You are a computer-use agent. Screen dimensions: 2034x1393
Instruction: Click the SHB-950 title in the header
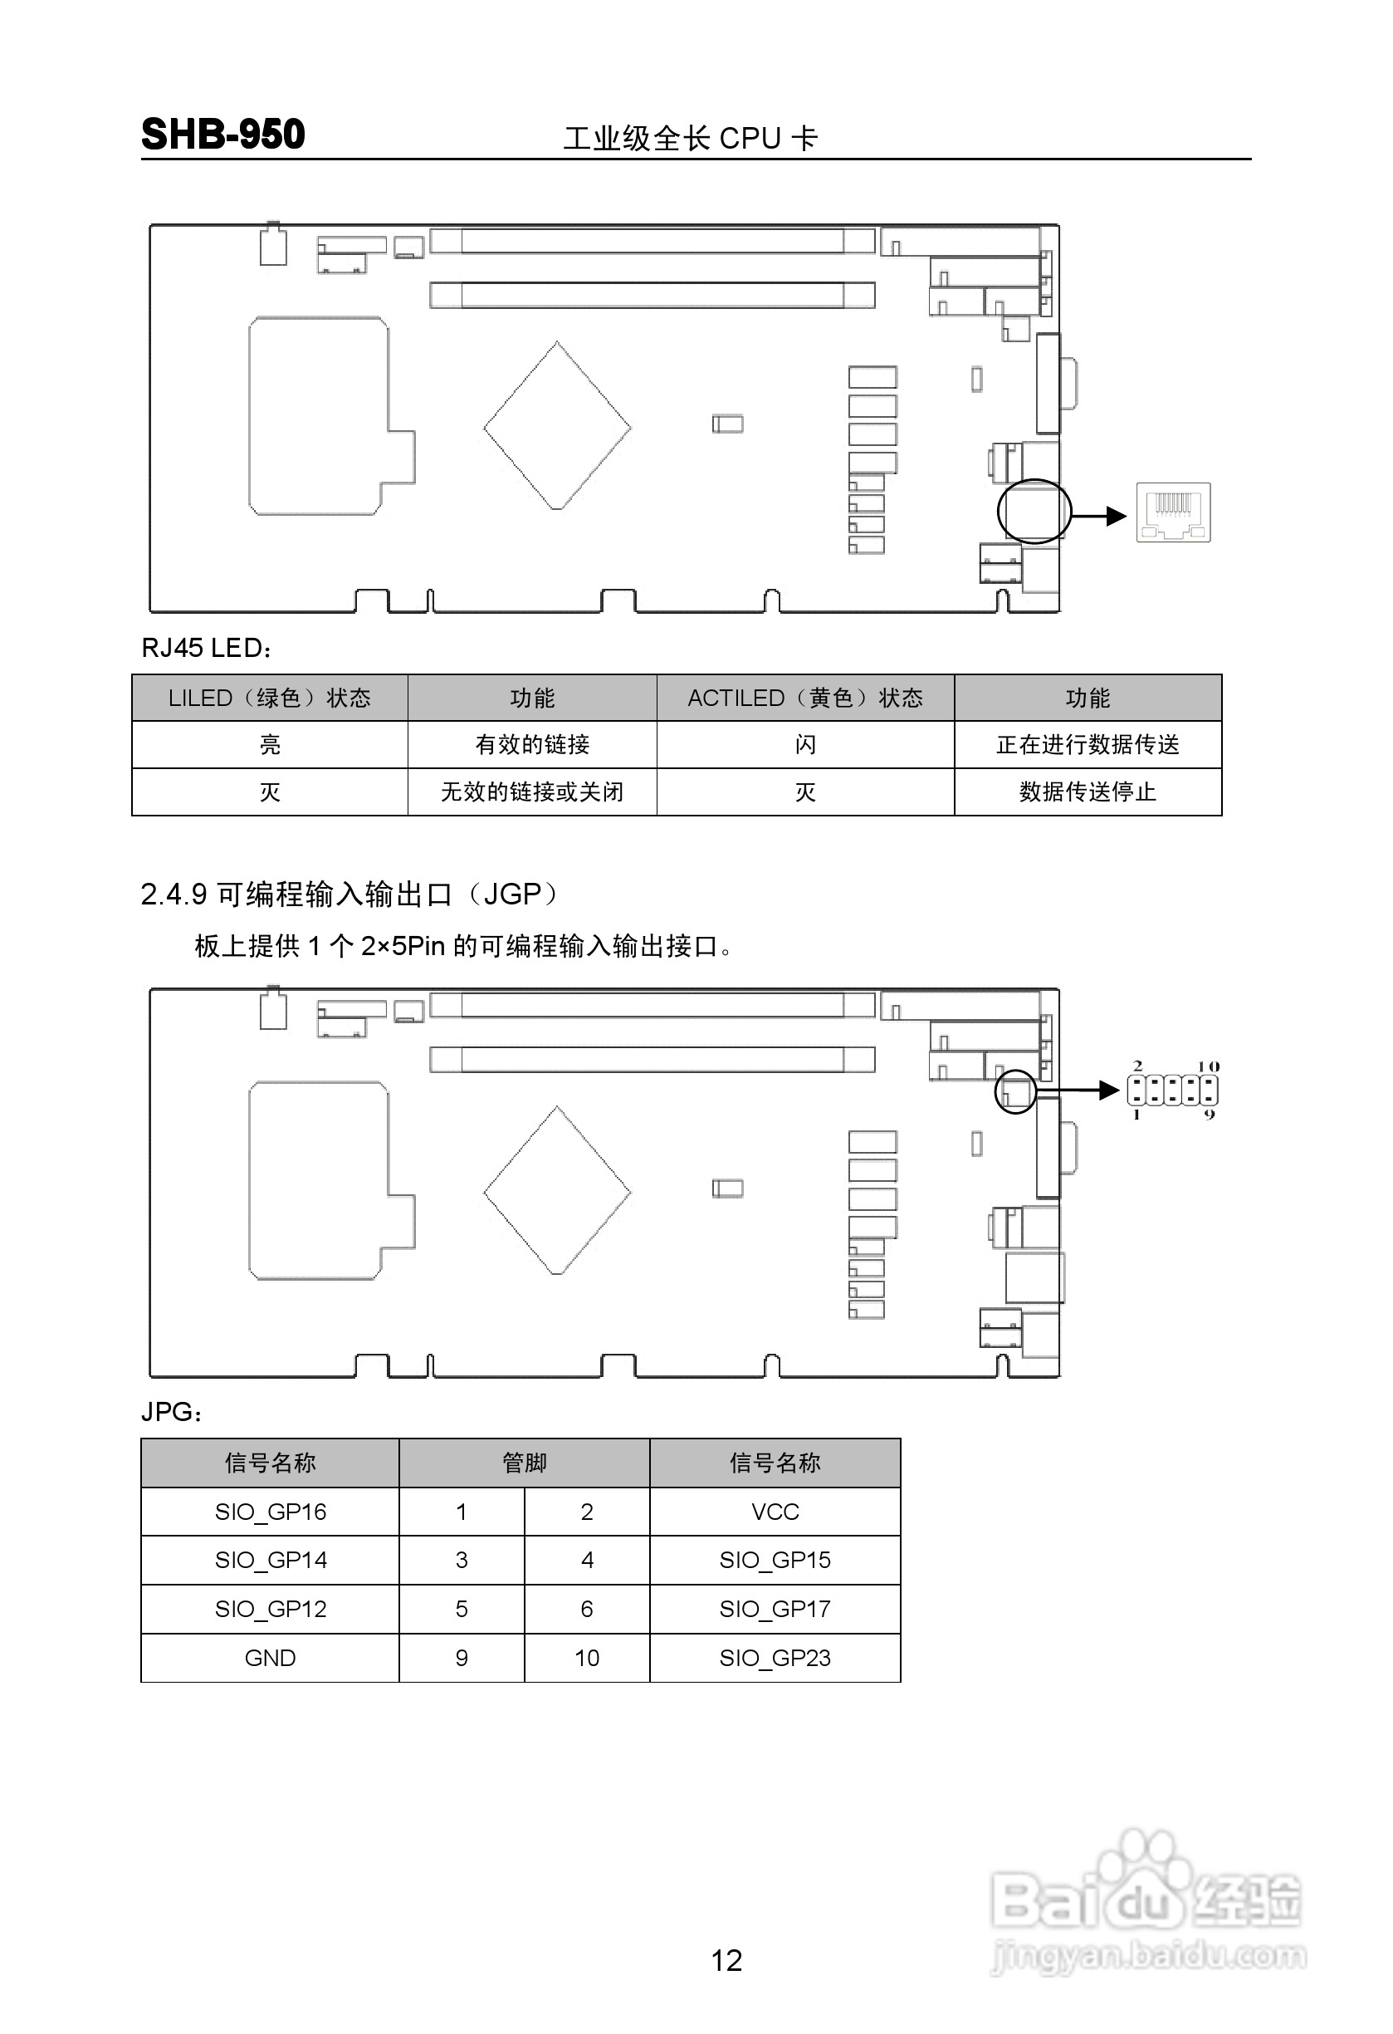223,135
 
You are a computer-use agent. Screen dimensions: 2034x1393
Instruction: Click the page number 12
726,1960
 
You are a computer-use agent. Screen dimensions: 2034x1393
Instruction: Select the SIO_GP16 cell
271,1512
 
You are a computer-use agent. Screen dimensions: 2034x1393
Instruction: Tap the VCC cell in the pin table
775,1512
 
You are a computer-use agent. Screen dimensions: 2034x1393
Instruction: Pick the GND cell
271,1658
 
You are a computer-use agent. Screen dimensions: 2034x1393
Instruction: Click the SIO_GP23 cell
775,1658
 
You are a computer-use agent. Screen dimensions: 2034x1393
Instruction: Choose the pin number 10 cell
586,1658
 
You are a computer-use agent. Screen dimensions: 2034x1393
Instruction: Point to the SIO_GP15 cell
775,1560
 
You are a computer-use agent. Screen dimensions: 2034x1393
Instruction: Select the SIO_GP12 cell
271,1609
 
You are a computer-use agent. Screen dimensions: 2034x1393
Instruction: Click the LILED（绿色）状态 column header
270,698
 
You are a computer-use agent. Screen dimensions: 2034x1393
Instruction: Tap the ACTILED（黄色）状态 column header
805,698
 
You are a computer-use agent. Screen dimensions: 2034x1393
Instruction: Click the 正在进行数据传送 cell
1088,745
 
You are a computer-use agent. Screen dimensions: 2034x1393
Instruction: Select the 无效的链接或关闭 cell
532,792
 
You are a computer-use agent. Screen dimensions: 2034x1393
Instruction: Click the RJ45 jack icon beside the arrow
1172,513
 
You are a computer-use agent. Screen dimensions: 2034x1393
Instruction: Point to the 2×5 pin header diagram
1172,1090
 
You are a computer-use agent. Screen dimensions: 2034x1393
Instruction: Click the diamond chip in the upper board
557,426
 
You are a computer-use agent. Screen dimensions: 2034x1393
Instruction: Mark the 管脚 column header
524,1463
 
